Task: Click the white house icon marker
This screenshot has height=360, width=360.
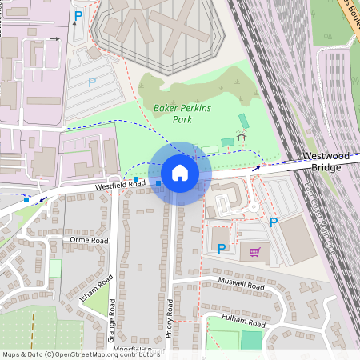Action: coord(180,172)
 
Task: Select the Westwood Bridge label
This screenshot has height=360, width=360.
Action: coord(322,162)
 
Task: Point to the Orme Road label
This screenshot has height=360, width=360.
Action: coord(89,239)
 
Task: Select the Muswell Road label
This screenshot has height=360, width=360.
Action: coord(242,285)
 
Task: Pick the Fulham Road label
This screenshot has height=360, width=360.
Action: coord(245,323)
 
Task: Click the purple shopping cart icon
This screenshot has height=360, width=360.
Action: coord(255,253)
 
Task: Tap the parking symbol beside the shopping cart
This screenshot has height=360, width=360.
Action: coord(222,249)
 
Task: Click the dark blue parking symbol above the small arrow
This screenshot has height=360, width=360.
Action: coord(78,15)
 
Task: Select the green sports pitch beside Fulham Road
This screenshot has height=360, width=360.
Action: coord(251,339)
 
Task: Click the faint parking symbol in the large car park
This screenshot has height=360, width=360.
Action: coord(92,82)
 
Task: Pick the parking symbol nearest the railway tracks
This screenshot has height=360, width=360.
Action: coord(274,222)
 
